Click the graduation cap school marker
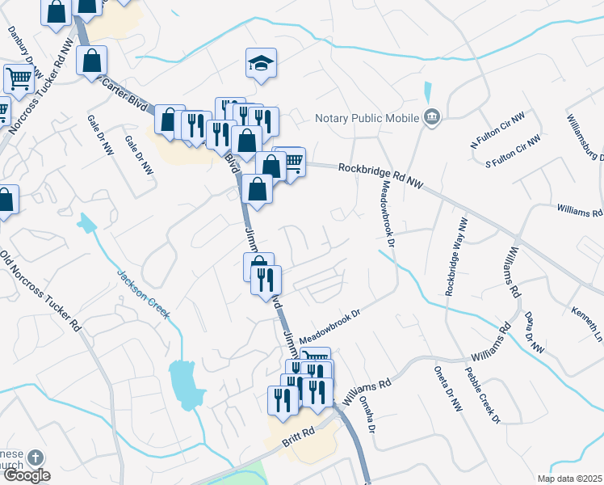261,62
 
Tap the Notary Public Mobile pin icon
432,117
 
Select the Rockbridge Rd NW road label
381,171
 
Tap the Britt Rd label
297,439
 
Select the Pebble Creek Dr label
483,395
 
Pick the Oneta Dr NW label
451,396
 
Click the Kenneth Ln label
588,321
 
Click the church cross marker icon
34,458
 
